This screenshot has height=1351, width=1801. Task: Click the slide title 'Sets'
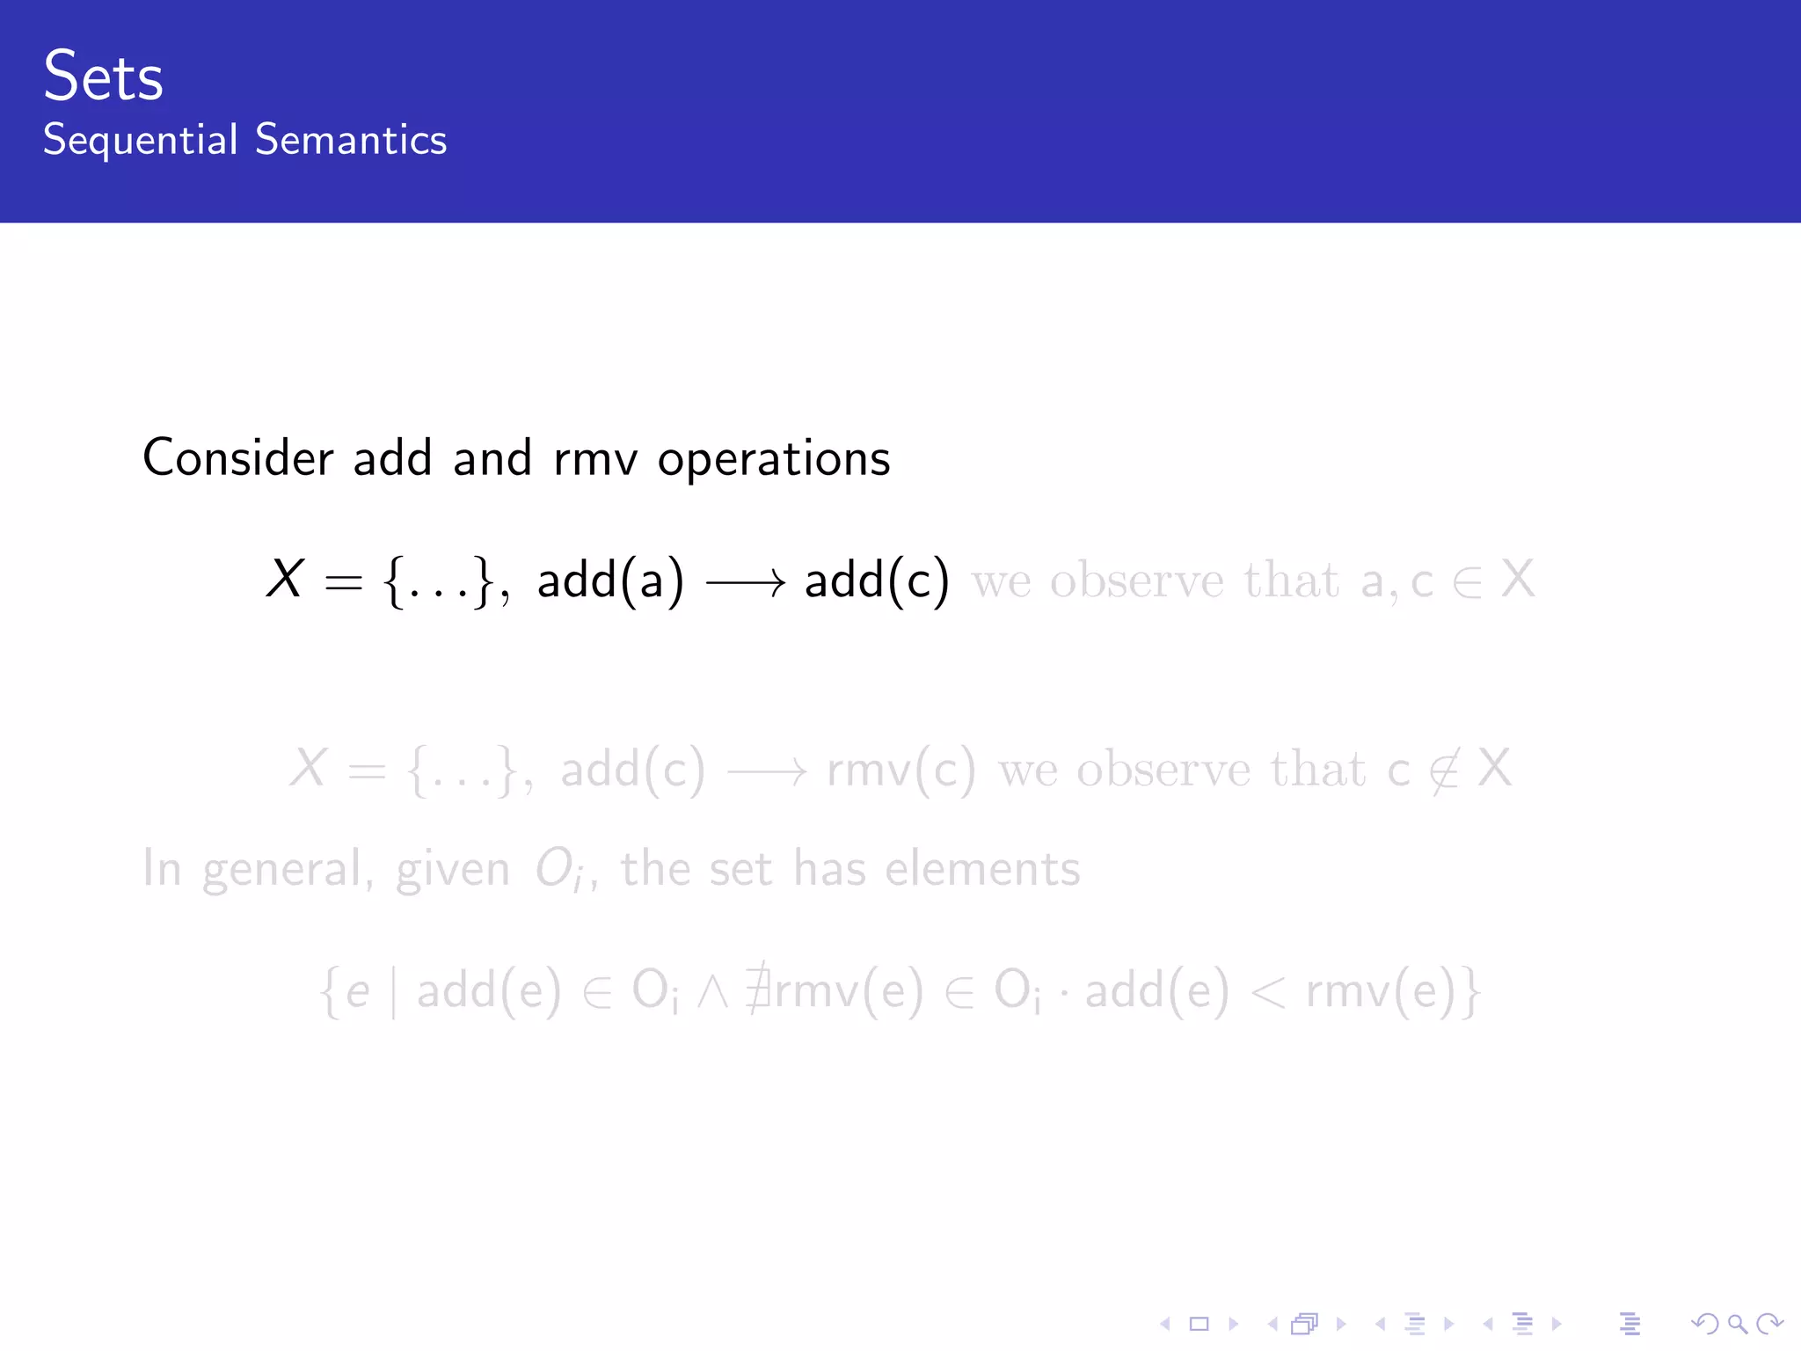pos(103,77)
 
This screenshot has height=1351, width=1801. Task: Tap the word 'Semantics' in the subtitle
pos(351,141)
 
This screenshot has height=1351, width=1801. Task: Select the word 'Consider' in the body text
pos(237,458)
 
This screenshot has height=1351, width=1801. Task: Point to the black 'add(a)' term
pos(610,581)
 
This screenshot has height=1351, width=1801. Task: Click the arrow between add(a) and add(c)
pos(746,581)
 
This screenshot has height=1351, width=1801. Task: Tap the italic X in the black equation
pos(285,580)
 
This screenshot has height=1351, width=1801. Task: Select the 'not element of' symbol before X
pos(1443,771)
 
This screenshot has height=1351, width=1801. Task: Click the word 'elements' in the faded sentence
pos(982,869)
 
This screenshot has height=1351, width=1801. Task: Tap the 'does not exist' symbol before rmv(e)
pos(757,991)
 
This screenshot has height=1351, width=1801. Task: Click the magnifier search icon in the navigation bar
pos(1737,1324)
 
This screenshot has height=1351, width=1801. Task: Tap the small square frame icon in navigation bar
pos(1199,1324)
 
